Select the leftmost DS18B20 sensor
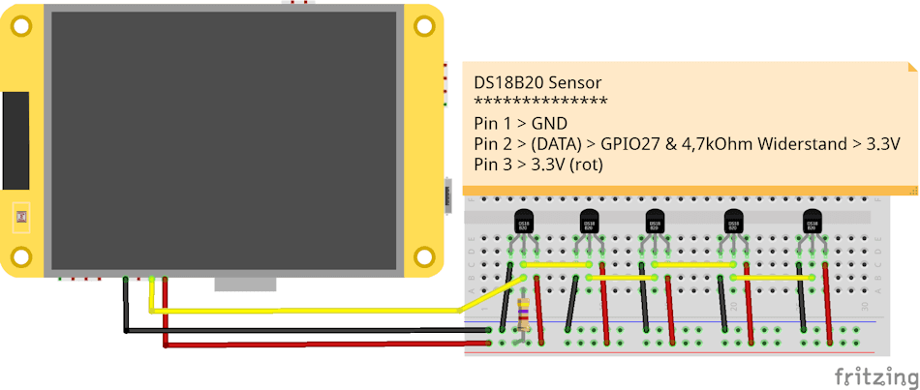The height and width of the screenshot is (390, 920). tap(524, 223)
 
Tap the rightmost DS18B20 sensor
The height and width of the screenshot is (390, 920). tap(812, 223)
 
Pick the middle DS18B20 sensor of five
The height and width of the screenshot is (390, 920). tap(655, 223)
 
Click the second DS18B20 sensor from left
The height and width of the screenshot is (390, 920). tap(589, 223)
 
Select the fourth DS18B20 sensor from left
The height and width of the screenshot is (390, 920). tap(733, 223)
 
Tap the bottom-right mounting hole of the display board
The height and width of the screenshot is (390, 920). tap(423, 256)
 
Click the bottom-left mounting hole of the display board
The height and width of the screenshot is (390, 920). tap(19, 256)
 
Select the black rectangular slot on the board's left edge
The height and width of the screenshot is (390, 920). tap(15, 140)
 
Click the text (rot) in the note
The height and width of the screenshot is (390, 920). tap(585, 164)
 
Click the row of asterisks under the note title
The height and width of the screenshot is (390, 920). tap(540, 103)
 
